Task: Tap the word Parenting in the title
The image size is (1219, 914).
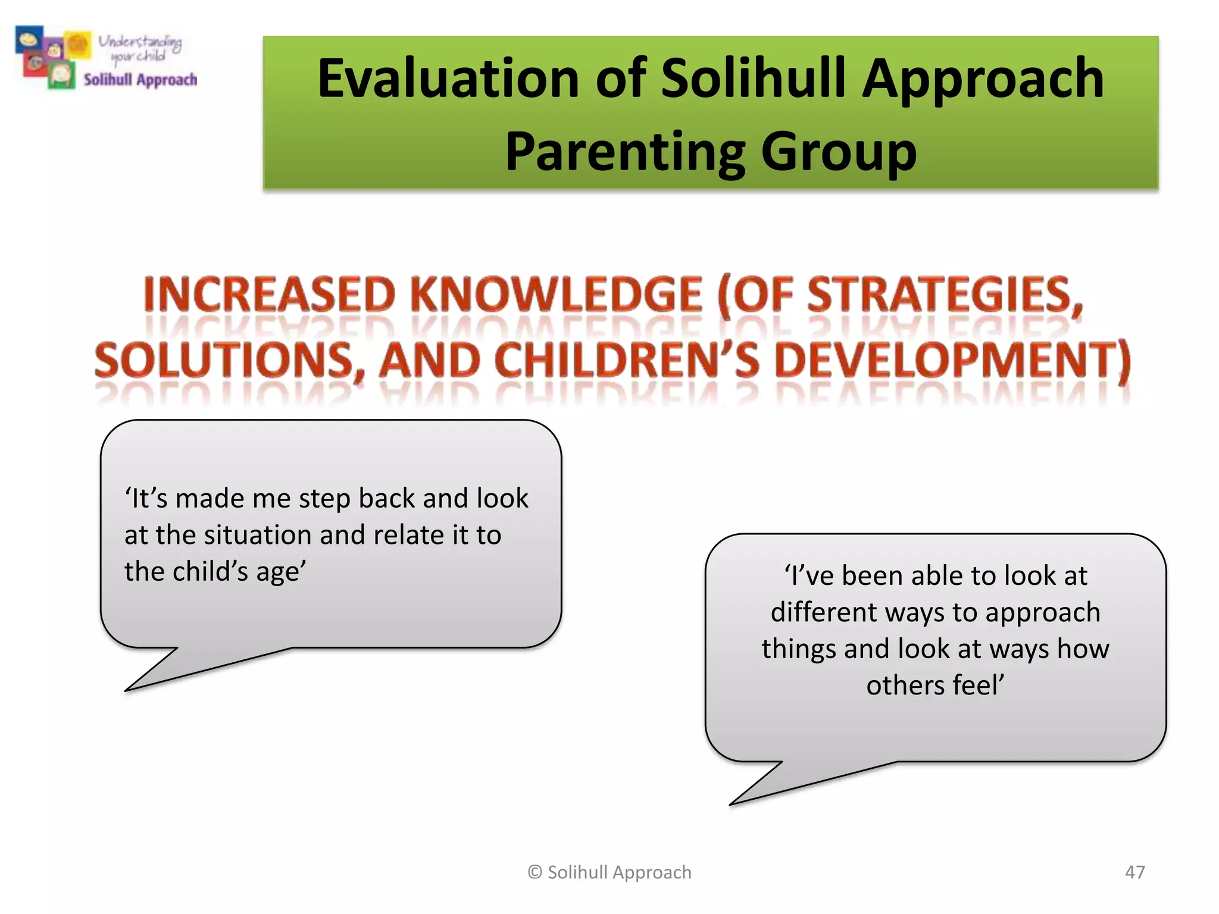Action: [624, 151]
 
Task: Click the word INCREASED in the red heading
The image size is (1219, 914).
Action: [269, 295]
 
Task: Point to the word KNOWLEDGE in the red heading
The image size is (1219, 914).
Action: [557, 295]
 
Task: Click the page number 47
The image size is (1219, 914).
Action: [1134, 872]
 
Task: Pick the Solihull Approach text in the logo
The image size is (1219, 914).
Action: [140, 80]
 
